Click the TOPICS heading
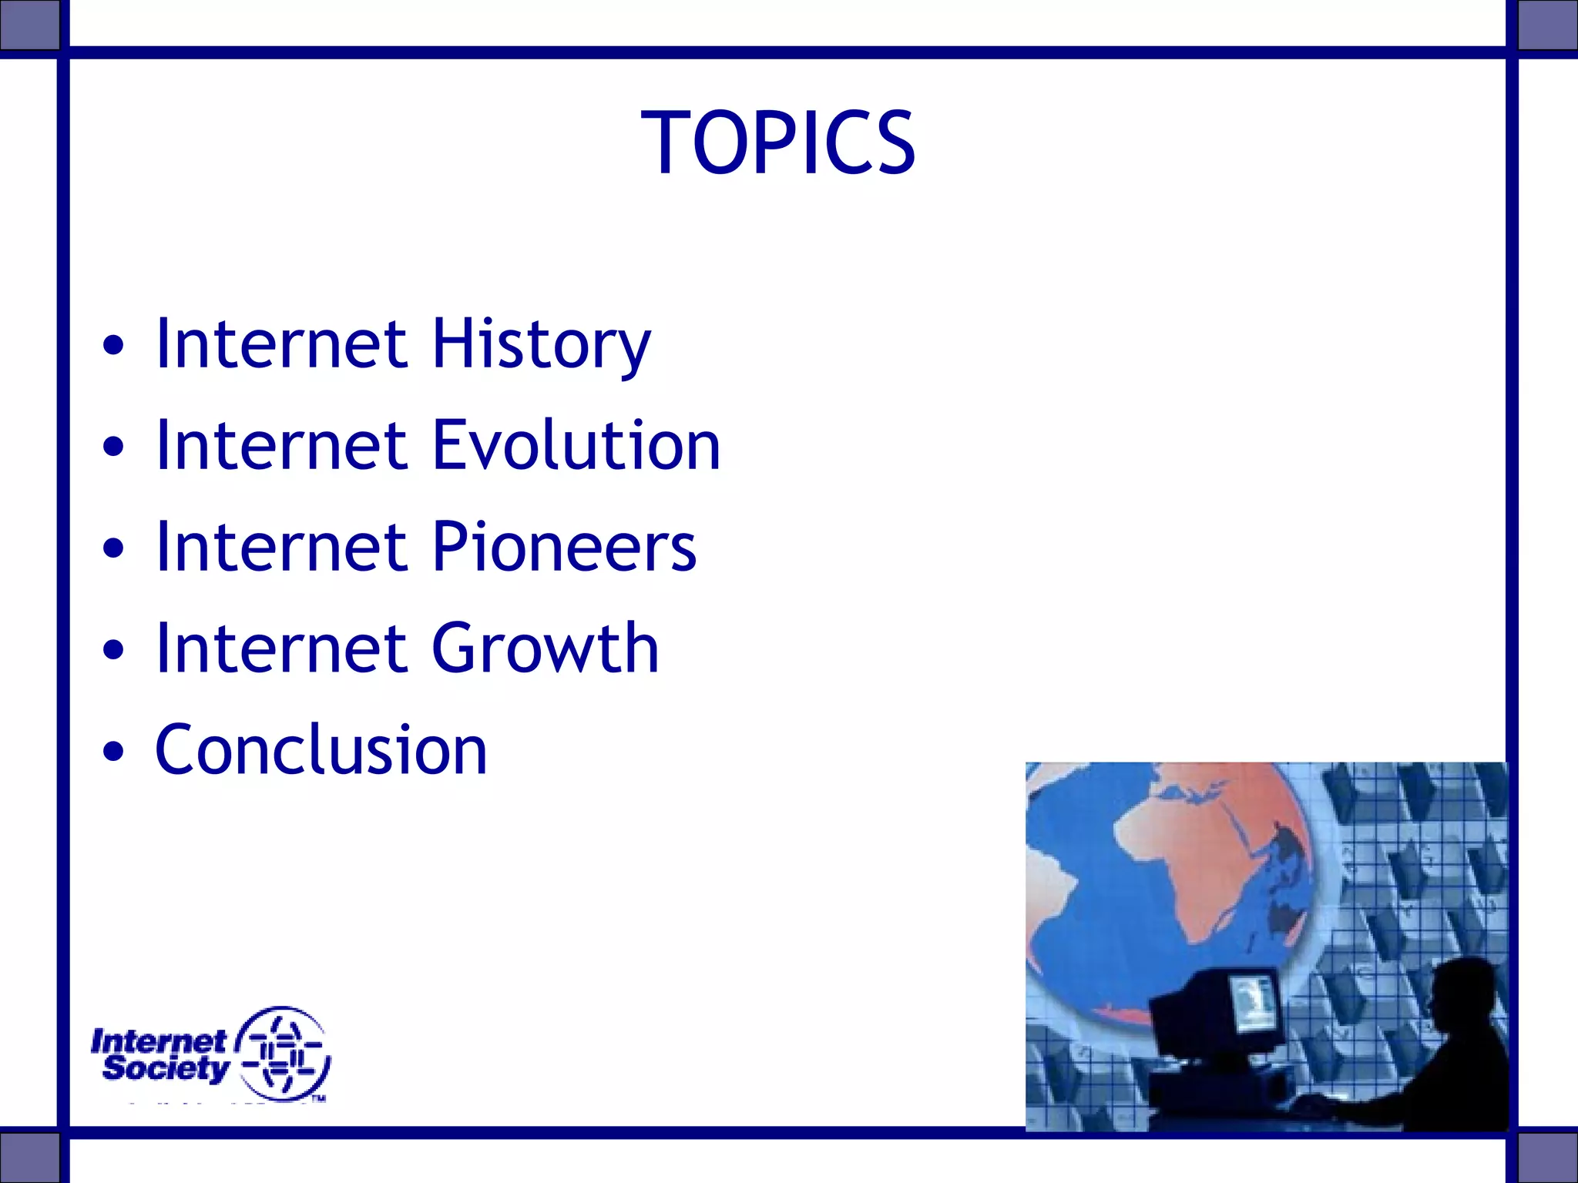click(778, 143)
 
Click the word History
click(541, 344)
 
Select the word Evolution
click(576, 446)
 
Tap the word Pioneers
click(564, 548)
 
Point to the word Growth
click(545, 649)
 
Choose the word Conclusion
click(321, 750)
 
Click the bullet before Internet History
click(113, 346)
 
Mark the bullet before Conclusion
click(113, 752)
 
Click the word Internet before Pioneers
click(281, 548)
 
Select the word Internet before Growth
click(281, 649)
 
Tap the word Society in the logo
click(165, 1068)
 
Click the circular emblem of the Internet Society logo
click(283, 1054)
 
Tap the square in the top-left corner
click(29, 25)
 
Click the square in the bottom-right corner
click(1547, 1156)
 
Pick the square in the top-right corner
click(1547, 25)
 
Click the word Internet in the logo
click(158, 1041)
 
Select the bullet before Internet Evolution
click(113, 447)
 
